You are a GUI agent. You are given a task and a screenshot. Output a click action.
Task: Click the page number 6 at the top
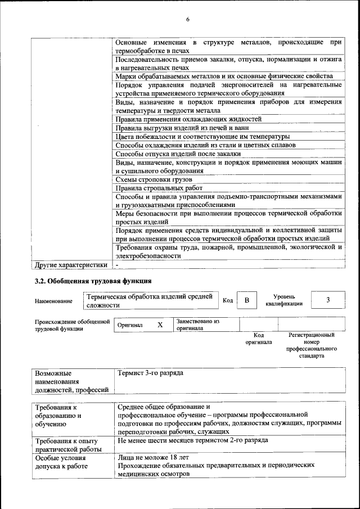coord(188,20)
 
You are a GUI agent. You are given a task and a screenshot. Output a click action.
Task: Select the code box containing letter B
coord(246,300)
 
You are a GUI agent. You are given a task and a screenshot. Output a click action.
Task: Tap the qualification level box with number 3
coord(327,300)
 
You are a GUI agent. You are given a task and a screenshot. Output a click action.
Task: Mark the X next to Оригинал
coord(160,325)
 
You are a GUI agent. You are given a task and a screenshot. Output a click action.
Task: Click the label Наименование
coord(53,301)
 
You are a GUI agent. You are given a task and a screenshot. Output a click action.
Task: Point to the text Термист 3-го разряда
coord(150,373)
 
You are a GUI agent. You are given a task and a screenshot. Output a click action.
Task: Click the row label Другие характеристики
coord(70,264)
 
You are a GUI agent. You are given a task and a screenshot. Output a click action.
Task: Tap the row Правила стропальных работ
coord(159,188)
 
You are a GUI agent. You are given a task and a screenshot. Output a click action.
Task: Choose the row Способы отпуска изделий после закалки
coord(178,154)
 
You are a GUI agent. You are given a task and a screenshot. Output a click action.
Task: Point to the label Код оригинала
coord(259,338)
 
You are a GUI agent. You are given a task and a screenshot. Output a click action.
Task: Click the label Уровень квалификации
coord(284,300)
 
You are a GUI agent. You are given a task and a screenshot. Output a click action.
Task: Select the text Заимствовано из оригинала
coord(197,325)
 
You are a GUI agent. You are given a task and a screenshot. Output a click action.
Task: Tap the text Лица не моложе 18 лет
coord(154,457)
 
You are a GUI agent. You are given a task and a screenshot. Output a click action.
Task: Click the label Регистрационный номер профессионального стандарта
coord(311,345)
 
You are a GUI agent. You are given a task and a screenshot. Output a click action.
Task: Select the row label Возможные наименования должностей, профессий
coord(71,381)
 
